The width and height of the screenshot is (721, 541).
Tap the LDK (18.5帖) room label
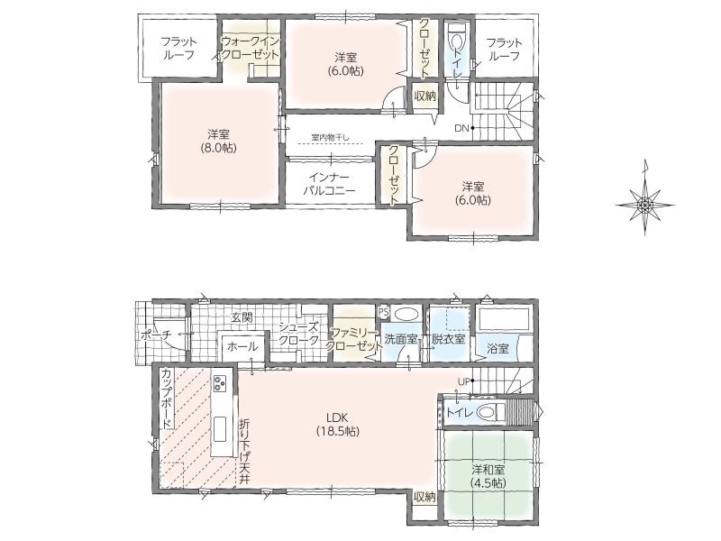coord(337,424)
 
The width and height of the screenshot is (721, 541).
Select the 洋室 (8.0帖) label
coord(218,142)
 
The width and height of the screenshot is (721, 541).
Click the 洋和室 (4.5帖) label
coord(488,476)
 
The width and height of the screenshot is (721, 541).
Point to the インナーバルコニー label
coord(329,184)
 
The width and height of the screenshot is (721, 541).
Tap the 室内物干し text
coord(330,137)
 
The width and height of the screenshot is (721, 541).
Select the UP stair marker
coord(464,381)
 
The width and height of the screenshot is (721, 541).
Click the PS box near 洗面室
coord(383,312)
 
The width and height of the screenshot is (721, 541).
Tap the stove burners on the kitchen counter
coord(220,382)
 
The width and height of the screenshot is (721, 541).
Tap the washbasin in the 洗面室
coord(406,315)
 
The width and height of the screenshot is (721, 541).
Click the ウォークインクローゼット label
coord(251,48)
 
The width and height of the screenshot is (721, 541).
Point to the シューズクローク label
coord(299,334)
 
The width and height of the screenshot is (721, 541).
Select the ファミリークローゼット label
coord(353,339)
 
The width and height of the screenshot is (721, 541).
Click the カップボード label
coord(167,398)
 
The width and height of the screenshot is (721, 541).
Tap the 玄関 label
coord(242,317)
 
